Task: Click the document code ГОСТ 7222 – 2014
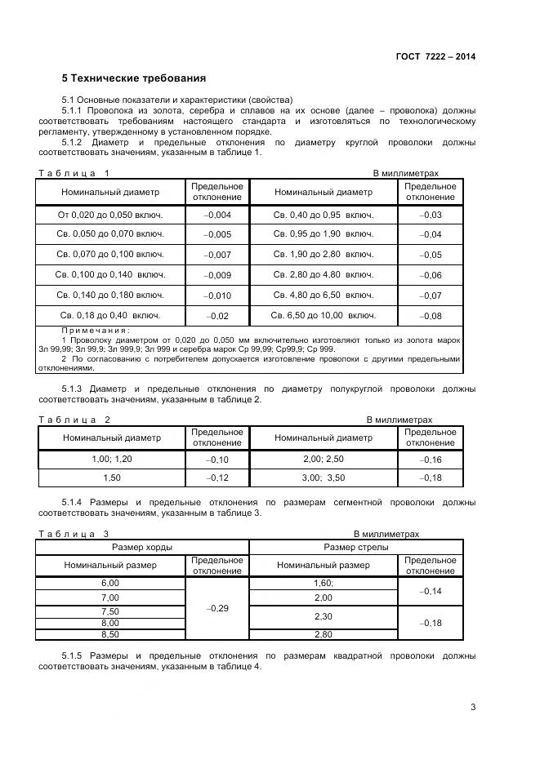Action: click(435, 56)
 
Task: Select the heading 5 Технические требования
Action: click(134, 79)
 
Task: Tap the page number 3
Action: click(473, 707)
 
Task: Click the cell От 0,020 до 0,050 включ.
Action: click(110, 215)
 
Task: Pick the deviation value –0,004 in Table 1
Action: click(217, 215)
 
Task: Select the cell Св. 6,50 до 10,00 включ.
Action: click(324, 315)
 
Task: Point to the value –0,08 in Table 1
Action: click(430, 316)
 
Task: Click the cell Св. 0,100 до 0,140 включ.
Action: click(110, 275)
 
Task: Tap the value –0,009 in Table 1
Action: click(217, 275)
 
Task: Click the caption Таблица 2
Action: click(74, 420)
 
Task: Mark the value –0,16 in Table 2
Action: click(430, 460)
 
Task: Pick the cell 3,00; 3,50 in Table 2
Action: click(324, 477)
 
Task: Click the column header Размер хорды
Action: click(141, 547)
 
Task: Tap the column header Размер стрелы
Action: click(356, 547)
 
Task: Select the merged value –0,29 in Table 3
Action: click(217, 609)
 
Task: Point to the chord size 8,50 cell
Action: click(110, 634)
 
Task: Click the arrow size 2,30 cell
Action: click(324, 616)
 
